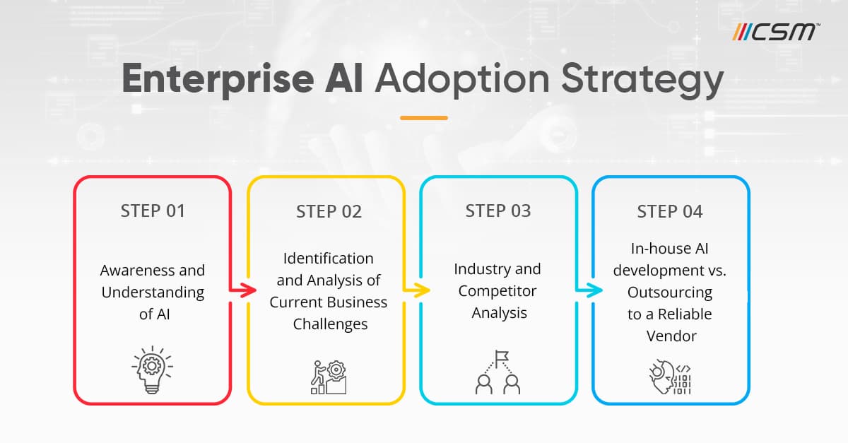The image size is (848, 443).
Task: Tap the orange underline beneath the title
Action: (x=424, y=117)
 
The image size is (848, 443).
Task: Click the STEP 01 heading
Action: (x=152, y=211)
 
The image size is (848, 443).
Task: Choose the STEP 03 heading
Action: (x=498, y=211)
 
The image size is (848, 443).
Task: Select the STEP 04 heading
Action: (x=670, y=211)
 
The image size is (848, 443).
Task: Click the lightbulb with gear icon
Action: (x=152, y=369)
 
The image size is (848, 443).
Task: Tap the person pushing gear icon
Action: (x=326, y=377)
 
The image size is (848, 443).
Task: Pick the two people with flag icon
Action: (x=498, y=372)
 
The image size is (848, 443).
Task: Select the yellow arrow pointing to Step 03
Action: (x=416, y=290)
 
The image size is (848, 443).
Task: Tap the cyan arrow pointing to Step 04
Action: (x=589, y=290)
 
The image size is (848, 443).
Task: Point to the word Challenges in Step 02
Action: (x=328, y=324)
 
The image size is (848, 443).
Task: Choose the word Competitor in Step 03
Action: (x=497, y=291)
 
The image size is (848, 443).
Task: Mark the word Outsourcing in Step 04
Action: (x=670, y=292)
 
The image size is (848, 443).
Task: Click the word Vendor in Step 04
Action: (x=671, y=336)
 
